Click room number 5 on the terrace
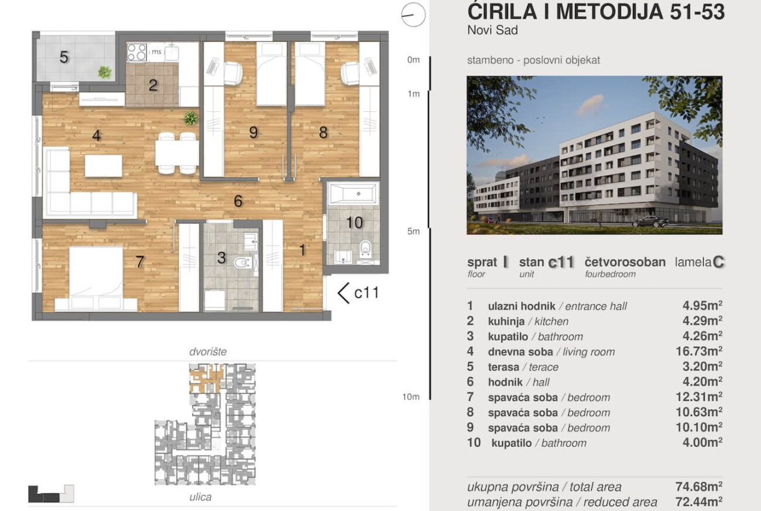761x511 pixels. (x=64, y=57)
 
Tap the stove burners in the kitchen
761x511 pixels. (x=137, y=53)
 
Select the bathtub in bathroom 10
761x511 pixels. (x=353, y=194)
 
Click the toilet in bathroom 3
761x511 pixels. (x=243, y=262)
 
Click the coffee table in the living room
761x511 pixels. (x=103, y=165)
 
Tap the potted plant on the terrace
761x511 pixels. (x=104, y=72)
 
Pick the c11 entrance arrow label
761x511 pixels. (x=358, y=293)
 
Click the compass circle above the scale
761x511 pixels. (x=413, y=14)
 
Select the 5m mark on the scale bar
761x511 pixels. (x=413, y=231)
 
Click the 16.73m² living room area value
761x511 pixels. (x=699, y=352)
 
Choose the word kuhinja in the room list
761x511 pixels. (x=506, y=322)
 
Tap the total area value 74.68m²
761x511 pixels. (x=699, y=486)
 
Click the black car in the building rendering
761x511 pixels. (x=650, y=222)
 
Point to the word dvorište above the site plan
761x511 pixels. (x=207, y=352)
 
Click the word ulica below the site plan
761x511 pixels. (x=200, y=497)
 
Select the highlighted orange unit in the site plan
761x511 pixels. (x=207, y=378)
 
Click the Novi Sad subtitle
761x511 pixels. (x=492, y=30)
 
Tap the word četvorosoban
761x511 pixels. (x=625, y=262)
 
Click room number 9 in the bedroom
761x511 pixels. (x=254, y=132)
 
